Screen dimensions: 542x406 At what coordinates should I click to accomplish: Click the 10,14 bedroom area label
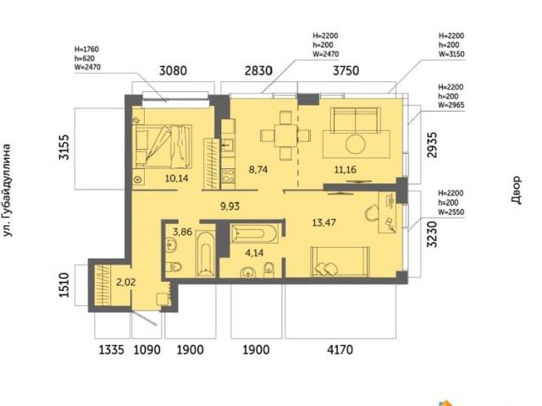pyautogui.click(x=177, y=178)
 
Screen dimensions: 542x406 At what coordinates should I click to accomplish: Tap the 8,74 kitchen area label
pyautogui.click(x=258, y=169)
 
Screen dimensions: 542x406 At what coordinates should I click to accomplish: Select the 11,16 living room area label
pyautogui.click(x=346, y=169)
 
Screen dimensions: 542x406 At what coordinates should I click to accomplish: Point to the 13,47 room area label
pyautogui.click(x=324, y=222)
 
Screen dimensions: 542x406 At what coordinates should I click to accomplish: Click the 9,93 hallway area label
pyautogui.click(x=230, y=206)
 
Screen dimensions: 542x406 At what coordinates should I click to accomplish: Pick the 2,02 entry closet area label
pyautogui.click(x=126, y=282)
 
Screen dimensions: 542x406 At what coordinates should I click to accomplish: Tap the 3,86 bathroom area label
pyautogui.click(x=183, y=231)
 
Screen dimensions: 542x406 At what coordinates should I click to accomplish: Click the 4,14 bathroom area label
pyautogui.click(x=254, y=253)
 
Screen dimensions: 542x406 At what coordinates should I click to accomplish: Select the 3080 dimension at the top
pyautogui.click(x=173, y=71)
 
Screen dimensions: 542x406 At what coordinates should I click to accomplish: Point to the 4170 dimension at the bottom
pyautogui.click(x=340, y=349)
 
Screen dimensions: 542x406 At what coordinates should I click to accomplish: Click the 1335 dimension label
pyautogui.click(x=111, y=349)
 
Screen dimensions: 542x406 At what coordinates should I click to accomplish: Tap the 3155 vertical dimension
pyautogui.click(x=64, y=147)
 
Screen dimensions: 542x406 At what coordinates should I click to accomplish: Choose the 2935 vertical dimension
pyautogui.click(x=432, y=145)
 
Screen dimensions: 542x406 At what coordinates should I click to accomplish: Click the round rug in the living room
pyautogui.click(x=356, y=144)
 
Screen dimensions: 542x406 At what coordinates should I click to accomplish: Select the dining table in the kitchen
pyautogui.click(x=285, y=135)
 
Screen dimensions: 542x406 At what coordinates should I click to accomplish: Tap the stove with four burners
pyautogui.click(x=228, y=175)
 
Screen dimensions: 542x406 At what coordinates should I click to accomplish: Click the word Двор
pyautogui.click(x=516, y=189)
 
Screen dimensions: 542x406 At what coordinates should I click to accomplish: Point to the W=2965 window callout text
pyautogui.click(x=451, y=105)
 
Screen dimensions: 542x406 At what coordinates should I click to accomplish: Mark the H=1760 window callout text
pyautogui.click(x=86, y=49)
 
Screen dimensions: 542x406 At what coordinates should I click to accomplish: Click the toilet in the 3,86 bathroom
pyautogui.click(x=174, y=266)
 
